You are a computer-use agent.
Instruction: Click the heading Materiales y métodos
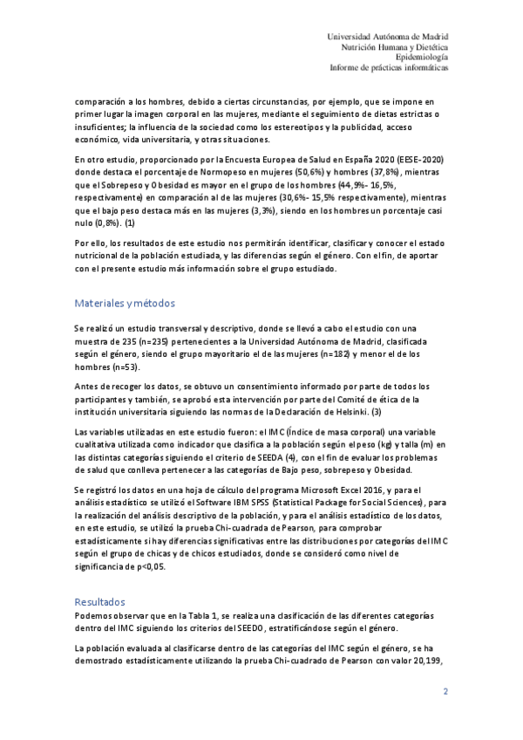[125, 304]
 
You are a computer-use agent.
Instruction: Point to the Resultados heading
[99, 601]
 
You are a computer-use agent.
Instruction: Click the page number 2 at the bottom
[445, 692]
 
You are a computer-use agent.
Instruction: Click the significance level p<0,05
[146, 565]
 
